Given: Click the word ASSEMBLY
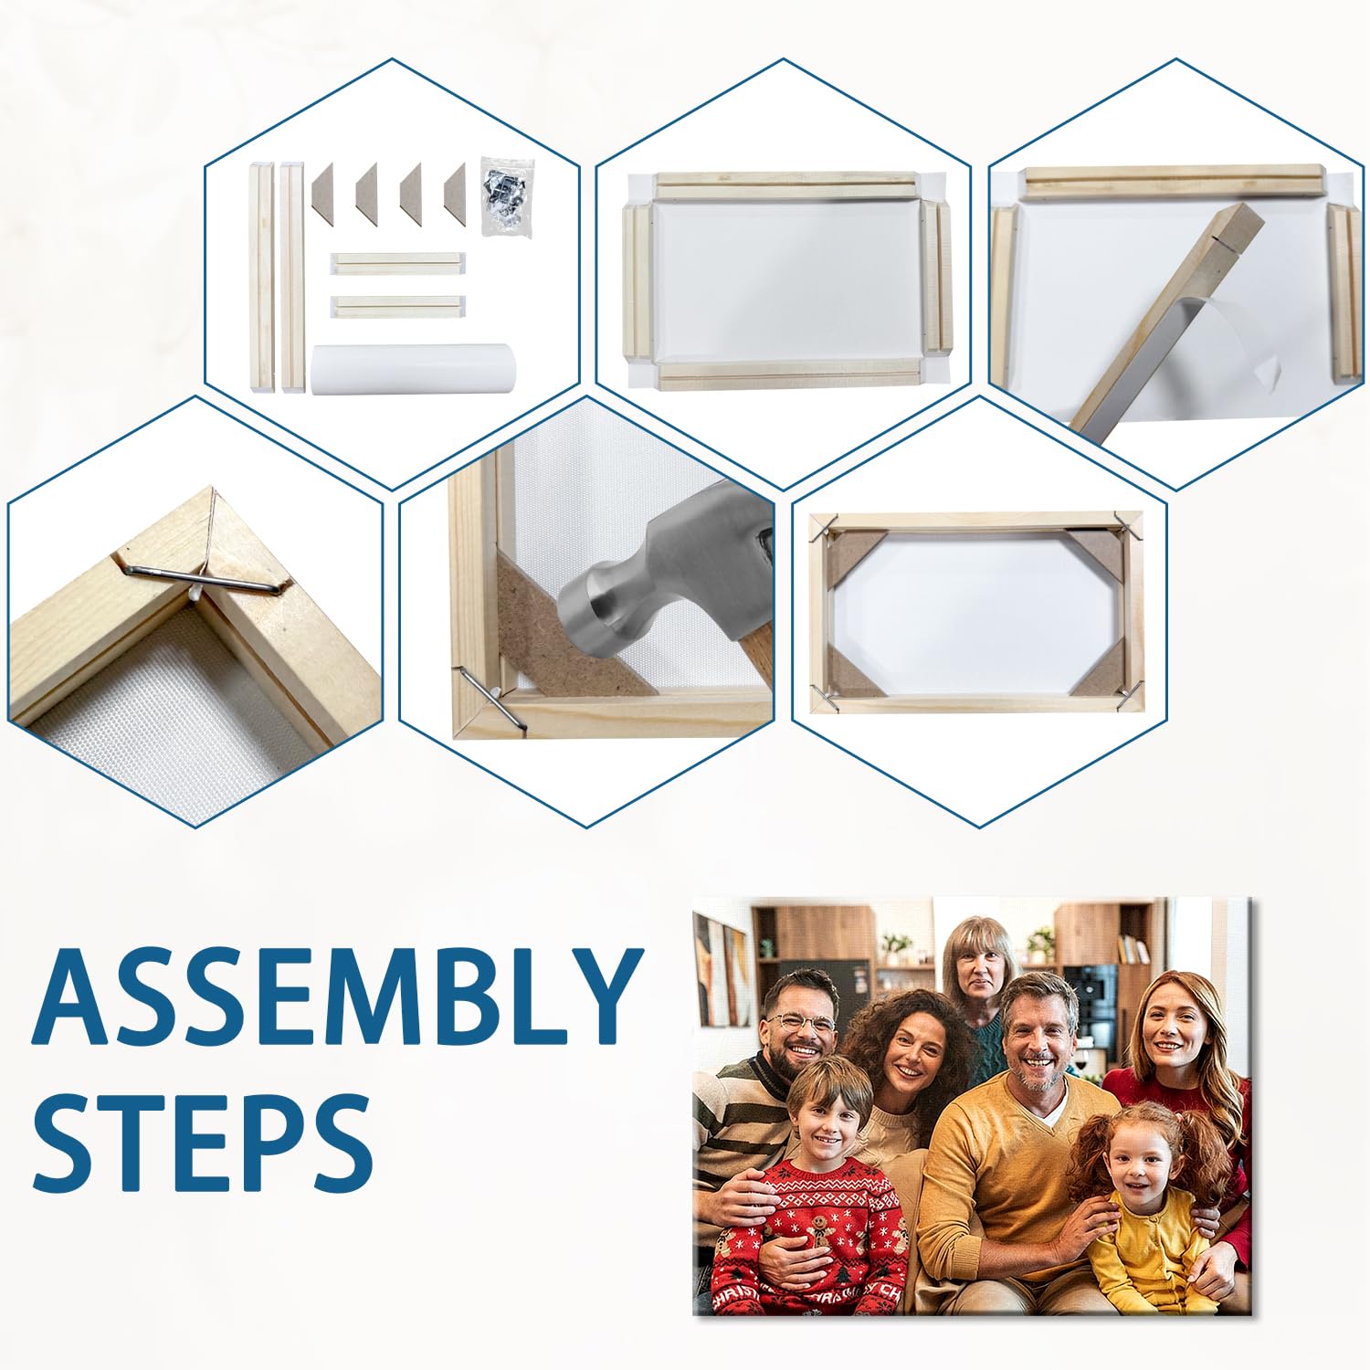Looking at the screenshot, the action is point(335,997).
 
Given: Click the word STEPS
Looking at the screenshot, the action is point(203,1140).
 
